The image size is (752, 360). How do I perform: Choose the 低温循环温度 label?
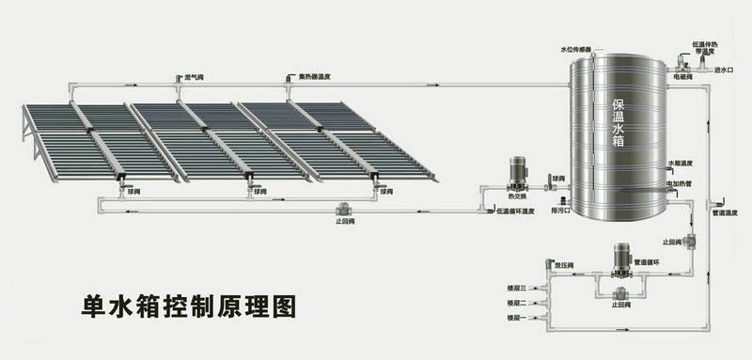click(516, 211)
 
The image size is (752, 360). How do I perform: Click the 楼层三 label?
click(518, 284)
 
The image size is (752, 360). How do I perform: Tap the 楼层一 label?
click(518, 321)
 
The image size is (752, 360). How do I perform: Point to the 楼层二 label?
click(518, 303)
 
